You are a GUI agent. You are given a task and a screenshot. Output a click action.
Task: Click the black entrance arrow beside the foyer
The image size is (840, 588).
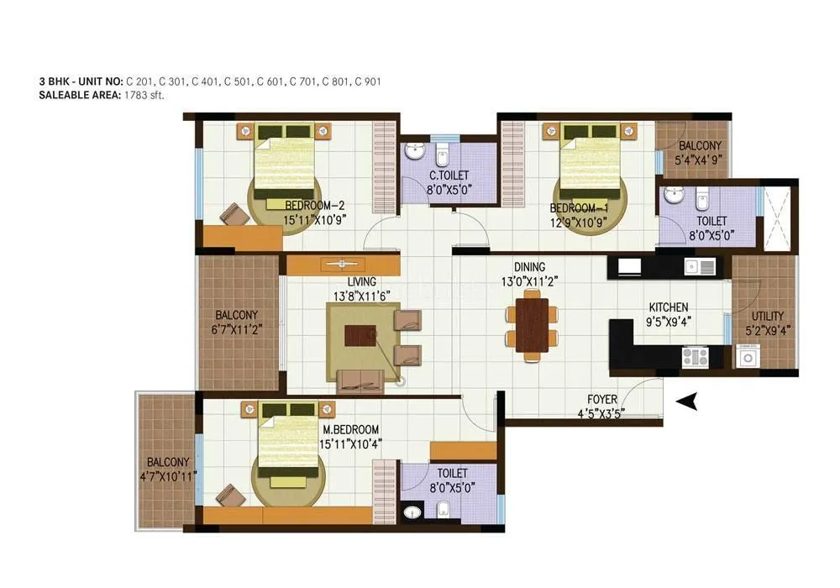pos(688,402)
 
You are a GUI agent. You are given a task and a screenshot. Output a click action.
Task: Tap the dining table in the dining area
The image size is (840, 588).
pos(532,328)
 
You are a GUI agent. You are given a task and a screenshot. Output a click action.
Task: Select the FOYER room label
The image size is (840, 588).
pos(601,400)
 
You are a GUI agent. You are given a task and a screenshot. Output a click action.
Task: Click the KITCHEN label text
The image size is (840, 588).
pos(669,307)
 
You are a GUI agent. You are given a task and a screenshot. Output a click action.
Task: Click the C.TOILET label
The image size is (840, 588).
pos(449,176)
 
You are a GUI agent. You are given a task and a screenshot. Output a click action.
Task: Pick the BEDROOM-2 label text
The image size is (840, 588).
pos(315,205)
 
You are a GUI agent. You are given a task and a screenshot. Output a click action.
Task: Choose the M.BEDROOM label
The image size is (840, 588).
pos(351,429)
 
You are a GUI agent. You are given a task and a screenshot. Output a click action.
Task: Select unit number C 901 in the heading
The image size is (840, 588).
pos(369,81)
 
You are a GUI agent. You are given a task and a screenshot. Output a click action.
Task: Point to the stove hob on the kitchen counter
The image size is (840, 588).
pos(694,357)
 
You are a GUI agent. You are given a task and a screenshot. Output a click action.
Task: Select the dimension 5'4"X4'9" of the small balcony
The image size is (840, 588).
pos(700,158)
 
